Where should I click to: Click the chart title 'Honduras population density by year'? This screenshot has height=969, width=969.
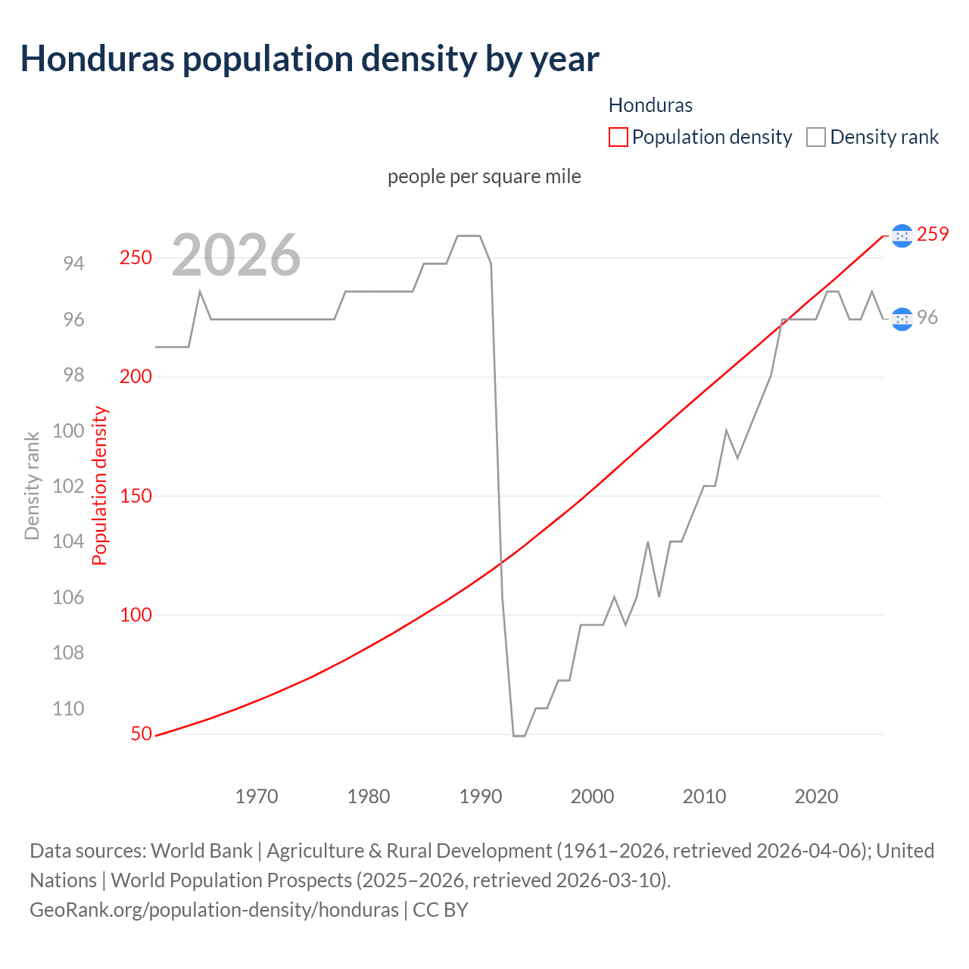click(x=310, y=59)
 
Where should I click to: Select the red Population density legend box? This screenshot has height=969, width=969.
click(x=618, y=137)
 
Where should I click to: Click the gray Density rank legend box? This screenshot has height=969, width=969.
click(x=815, y=137)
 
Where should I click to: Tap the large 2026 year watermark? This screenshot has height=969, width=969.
click(x=236, y=256)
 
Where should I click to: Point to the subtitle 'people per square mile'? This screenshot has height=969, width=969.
click(x=484, y=176)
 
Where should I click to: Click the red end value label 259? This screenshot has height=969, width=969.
click(x=933, y=235)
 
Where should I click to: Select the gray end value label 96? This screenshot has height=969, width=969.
click(x=927, y=318)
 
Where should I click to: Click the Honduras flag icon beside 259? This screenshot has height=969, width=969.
click(x=902, y=235)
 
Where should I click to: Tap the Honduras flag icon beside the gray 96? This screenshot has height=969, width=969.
click(x=902, y=319)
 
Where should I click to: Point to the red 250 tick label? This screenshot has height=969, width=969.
click(x=136, y=257)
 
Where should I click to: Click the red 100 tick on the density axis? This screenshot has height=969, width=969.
click(x=136, y=615)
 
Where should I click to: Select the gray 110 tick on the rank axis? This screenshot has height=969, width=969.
click(x=68, y=709)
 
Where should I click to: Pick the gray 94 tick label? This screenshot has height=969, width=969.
click(x=73, y=263)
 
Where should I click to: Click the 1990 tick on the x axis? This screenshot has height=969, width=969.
click(x=481, y=796)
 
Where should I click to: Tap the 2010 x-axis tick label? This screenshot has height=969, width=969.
click(x=704, y=796)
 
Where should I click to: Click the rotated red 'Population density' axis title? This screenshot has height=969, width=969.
click(x=100, y=486)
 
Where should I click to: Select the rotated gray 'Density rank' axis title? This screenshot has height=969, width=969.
click(x=32, y=486)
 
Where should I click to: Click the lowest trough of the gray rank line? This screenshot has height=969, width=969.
click(x=519, y=735)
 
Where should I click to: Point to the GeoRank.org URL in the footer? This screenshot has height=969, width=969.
click(x=214, y=909)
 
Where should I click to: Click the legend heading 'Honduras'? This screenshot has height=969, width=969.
click(x=650, y=105)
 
